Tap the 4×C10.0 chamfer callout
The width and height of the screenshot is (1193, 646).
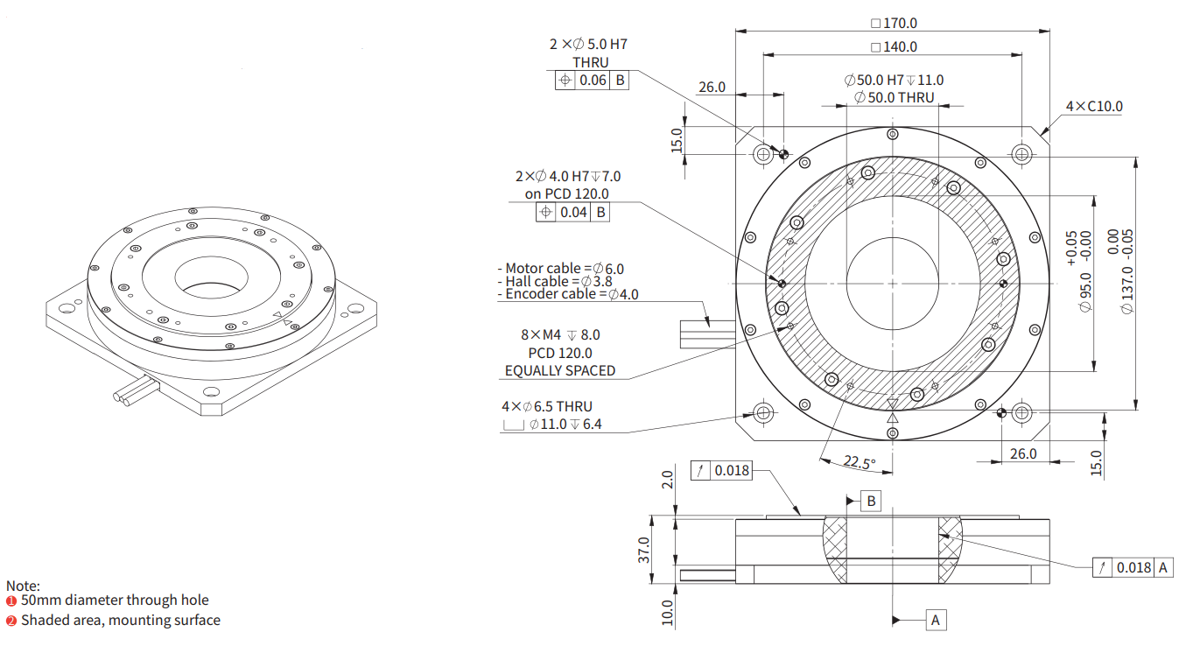tap(1093, 107)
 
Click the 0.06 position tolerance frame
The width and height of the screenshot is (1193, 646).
tap(593, 81)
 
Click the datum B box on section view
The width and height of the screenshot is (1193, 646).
tap(870, 501)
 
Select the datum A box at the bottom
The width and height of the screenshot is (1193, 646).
tap(936, 620)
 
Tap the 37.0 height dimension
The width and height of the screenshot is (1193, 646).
tap(645, 550)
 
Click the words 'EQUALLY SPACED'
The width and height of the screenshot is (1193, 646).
tap(560, 370)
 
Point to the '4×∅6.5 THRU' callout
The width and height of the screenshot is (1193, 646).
tap(547, 406)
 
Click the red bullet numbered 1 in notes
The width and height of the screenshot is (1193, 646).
tap(11, 600)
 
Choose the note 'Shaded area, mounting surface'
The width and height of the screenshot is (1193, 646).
tap(121, 620)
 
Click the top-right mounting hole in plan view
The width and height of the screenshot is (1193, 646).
tap(1021, 154)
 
